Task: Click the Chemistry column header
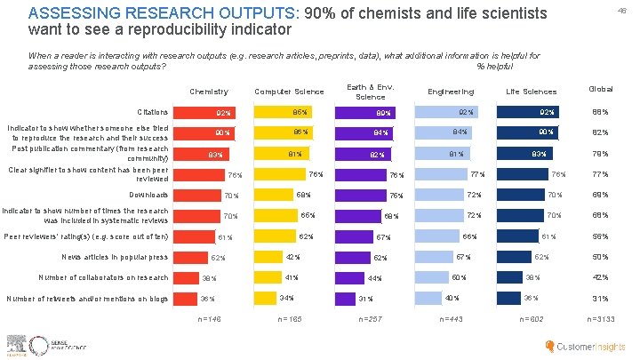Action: (x=209, y=92)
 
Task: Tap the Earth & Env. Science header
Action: (x=371, y=92)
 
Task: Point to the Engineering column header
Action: (x=451, y=92)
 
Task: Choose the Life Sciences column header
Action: (x=531, y=92)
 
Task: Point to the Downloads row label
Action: (x=148, y=195)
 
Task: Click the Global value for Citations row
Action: (x=600, y=113)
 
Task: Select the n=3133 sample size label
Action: (x=600, y=318)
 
